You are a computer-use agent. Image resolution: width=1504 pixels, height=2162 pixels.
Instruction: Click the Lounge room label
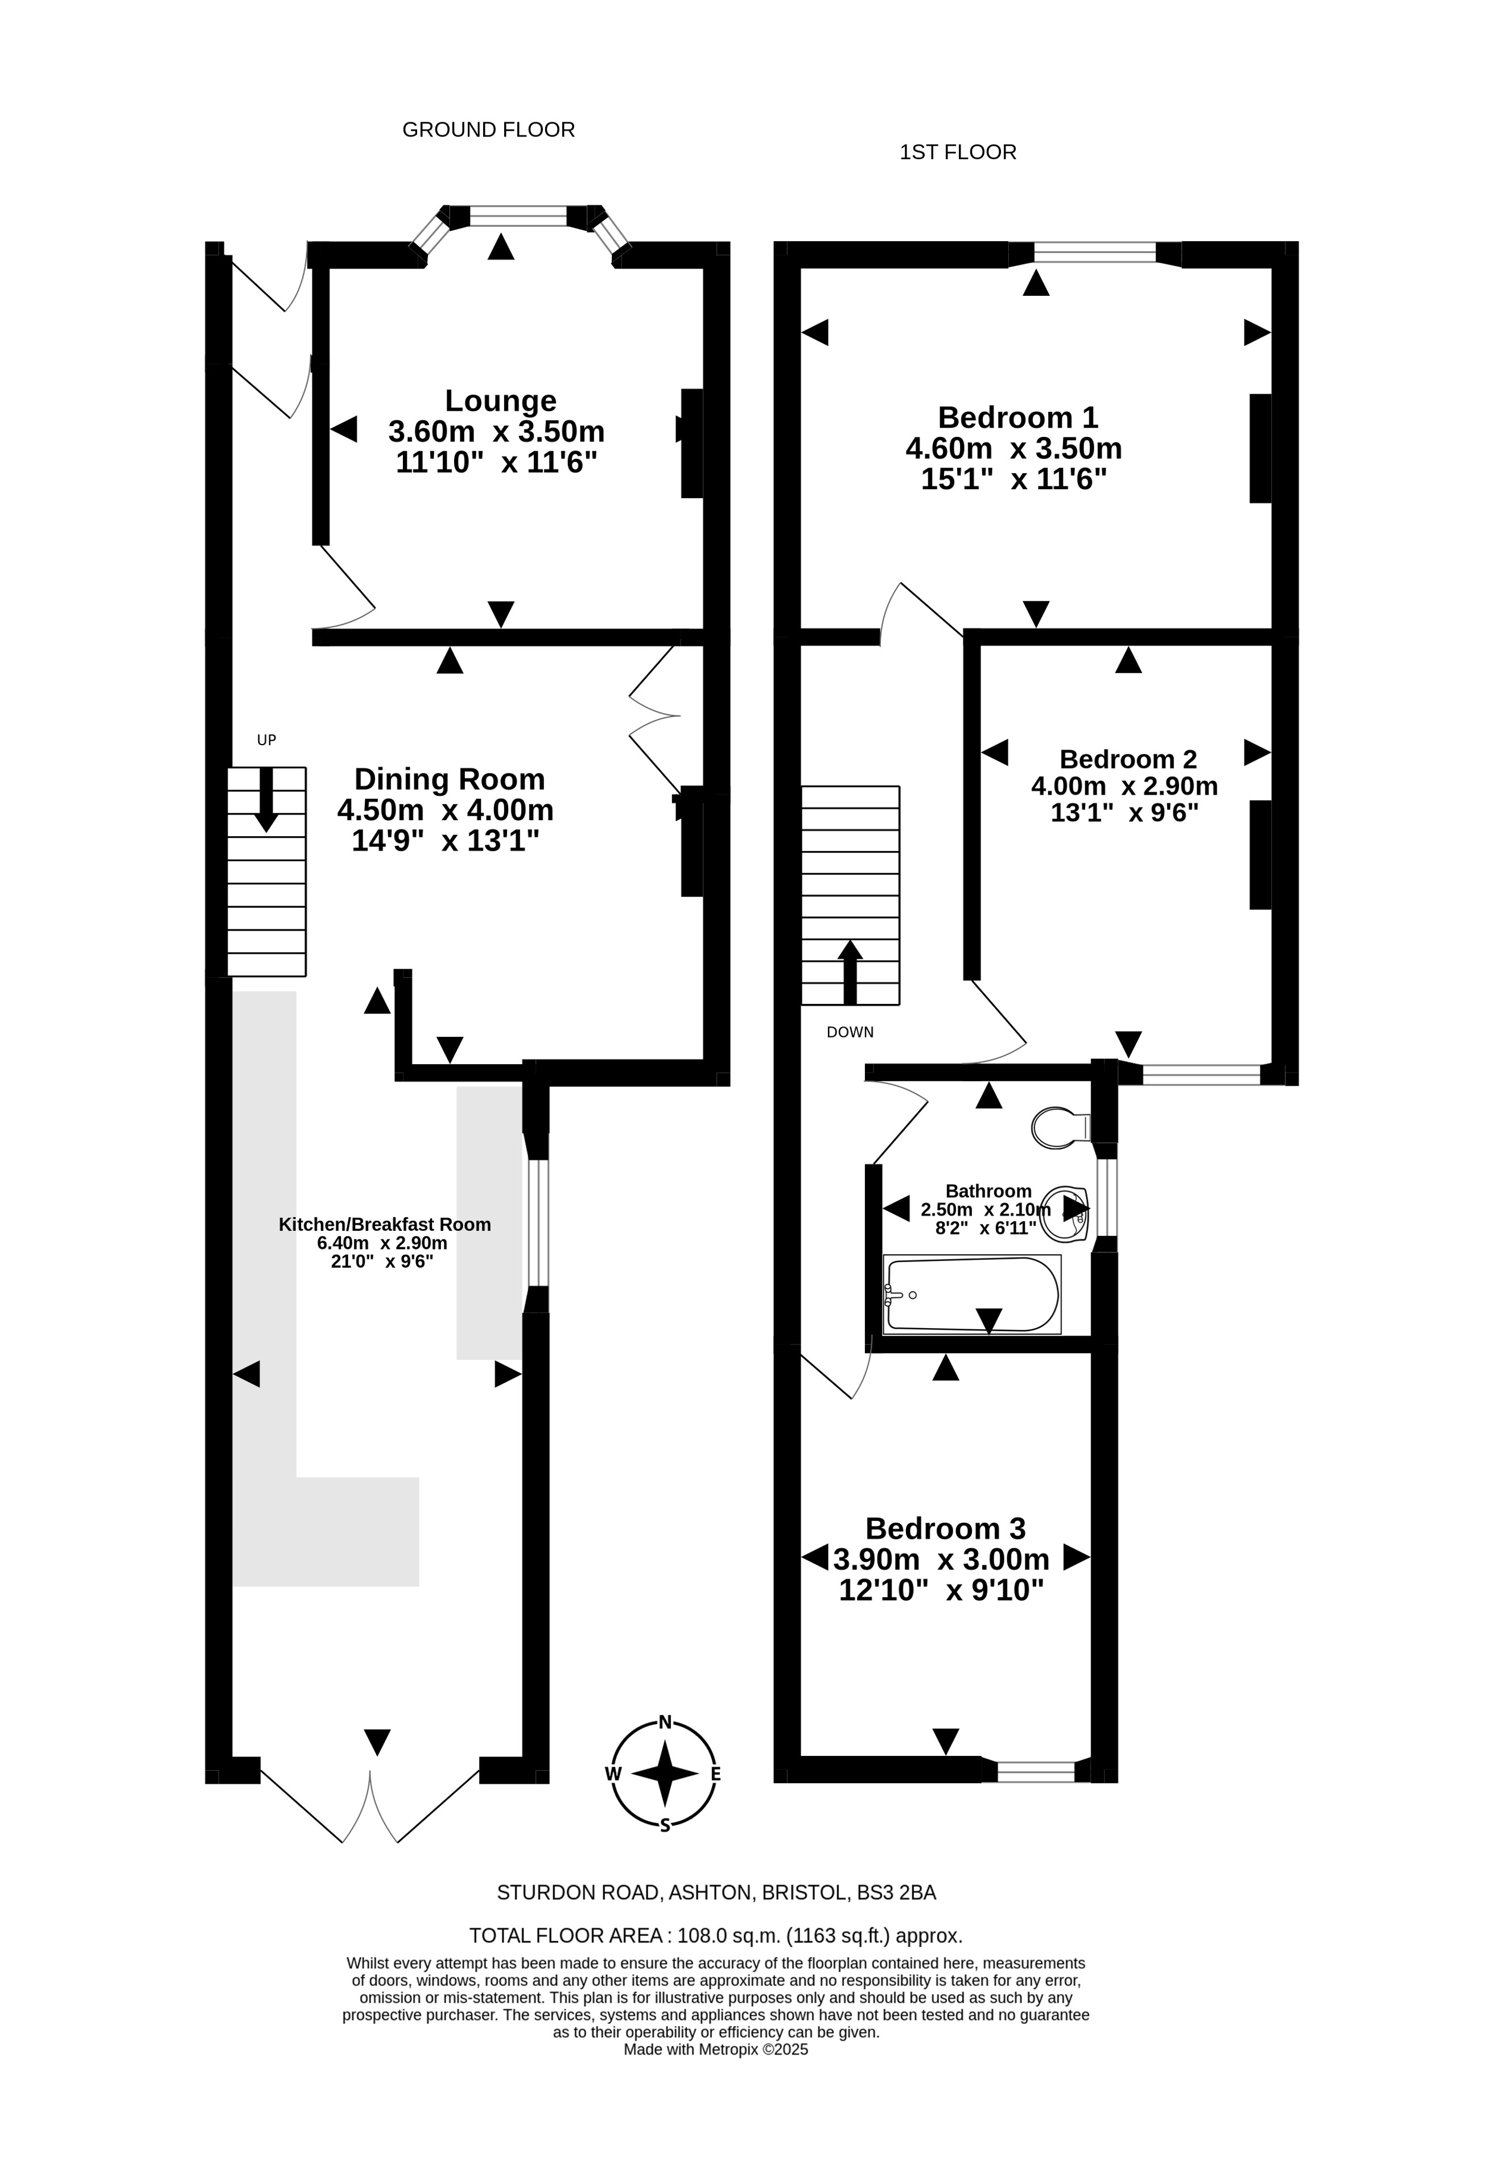[x=500, y=401]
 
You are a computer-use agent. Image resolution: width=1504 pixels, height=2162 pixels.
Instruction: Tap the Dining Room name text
[x=449, y=780]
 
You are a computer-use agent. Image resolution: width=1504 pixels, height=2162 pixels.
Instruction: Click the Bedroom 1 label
[x=1018, y=417]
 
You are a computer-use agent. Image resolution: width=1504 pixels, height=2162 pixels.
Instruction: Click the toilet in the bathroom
[x=1061, y=1127]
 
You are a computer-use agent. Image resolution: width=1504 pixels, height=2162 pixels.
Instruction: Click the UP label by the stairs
[x=266, y=740]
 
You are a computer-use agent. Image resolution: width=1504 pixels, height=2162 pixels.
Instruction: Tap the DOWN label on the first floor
[x=850, y=1032]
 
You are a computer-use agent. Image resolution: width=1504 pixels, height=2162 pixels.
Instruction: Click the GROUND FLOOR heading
[x=489, y=130]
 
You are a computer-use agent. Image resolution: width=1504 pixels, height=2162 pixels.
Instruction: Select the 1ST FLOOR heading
[x=958, y=152]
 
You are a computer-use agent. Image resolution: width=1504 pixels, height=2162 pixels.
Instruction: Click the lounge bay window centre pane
[x=519, y=217]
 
